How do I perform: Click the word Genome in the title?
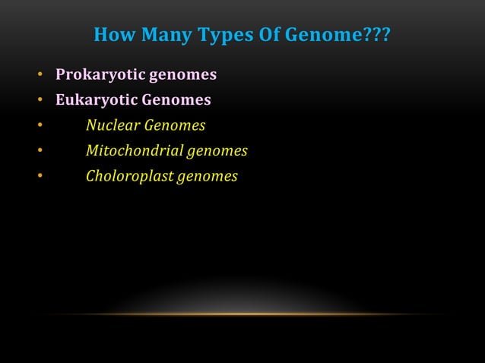click(x=322, y=36)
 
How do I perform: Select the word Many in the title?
click(x=166, y=36)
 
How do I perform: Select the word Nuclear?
click(x=112, y=125)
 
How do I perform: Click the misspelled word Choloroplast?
click(x=129, y=177)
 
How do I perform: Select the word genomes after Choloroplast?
click(x=208, y=177)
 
